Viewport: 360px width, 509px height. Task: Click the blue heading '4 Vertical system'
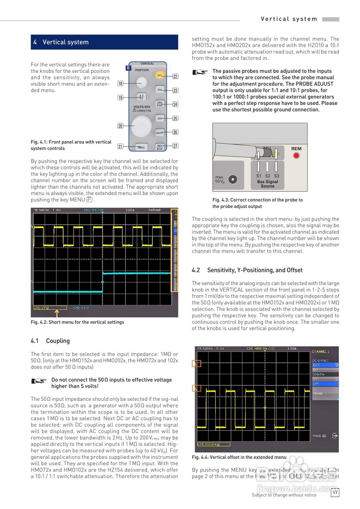coord(61,42)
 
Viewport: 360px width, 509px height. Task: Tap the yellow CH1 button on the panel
coord(160,75)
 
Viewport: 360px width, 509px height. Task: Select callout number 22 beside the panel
coord(175,76)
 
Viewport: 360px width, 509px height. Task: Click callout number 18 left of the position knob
coord(120,84)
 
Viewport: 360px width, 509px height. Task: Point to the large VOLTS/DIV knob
coord(142,126)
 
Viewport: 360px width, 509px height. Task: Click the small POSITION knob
coord(141,82)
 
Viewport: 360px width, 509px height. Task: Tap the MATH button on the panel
coord(160,133)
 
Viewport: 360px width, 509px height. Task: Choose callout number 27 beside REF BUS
coord(175,146)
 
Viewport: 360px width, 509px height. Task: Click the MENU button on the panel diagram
coord(141,147)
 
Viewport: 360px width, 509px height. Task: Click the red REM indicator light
coord(296,155)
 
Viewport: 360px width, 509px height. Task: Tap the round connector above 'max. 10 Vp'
coord(233,179)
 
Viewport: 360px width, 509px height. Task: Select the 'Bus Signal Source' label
coord(267,184)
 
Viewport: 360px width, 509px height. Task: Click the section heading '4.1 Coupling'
coord(50,341)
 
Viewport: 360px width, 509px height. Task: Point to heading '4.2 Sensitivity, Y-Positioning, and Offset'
coord(247,270)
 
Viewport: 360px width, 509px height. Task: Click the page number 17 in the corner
coord(335,493)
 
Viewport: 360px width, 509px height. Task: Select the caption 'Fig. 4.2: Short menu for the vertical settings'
coord(78,322)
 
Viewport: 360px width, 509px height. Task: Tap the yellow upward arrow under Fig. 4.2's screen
coord(56,313)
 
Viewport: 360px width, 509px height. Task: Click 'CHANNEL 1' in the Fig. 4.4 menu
coord(321,352)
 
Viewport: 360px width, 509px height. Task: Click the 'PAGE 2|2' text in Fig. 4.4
coord(319,436)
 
